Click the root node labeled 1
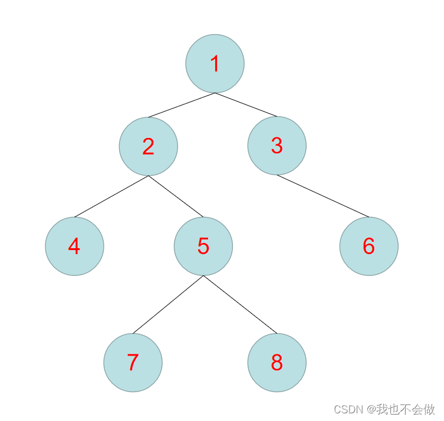(215, 64)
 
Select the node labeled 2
(148, 146)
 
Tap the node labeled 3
(277, 146)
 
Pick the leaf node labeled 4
(74, 246)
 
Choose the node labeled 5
(203, 246)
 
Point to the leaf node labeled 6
(369, 246)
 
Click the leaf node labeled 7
(133, 363)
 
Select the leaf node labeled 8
(277, 363)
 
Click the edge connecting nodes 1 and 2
(182, 105)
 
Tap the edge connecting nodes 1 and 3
(246, 104)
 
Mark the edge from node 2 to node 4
(111, 196)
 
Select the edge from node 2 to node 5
(176, 196)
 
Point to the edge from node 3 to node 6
(323, 196)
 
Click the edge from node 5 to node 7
(168, 304)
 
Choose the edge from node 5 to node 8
(239, 304)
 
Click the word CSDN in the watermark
(348, 409)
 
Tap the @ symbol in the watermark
(371, 409)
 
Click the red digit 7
(133, 363)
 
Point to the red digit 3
(277, 146)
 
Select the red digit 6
(369, 246)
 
